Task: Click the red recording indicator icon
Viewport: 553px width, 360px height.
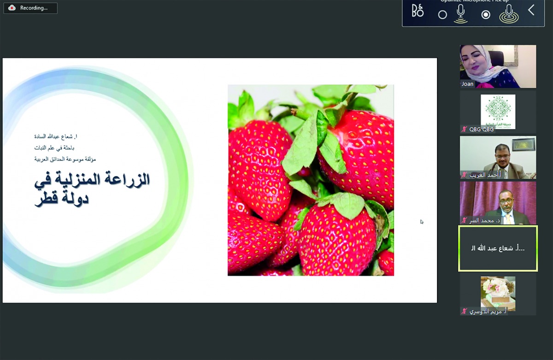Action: click(x=12, y=8)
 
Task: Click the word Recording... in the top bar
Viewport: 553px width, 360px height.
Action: click(x=34, y=8)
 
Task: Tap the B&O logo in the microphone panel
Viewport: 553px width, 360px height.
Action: click(x=418, y=11)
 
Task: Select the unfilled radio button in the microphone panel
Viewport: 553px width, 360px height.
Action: click(x=442, y=15)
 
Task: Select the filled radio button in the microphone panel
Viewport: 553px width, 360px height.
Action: click(x=485, y=15)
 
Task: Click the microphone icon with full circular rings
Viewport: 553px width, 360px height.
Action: click(x=509, y=13)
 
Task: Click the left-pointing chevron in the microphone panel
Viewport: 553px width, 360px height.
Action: click(x=531, y=10)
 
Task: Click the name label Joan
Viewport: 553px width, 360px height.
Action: click(x=467, y=84)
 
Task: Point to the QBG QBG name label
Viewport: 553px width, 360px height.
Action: click(x=482, y=130)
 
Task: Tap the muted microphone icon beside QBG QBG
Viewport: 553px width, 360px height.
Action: click(x=464, y=130)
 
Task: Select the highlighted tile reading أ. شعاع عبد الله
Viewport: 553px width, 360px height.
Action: click(x=498, y=248)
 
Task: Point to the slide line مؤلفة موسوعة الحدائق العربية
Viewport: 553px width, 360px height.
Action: click(x=65, y=159)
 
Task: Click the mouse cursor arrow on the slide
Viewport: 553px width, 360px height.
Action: click(x=422, y=222)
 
